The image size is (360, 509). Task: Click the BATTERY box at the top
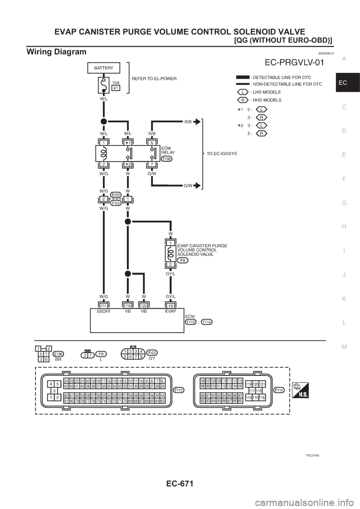(x=103, y=68)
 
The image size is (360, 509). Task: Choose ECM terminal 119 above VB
(x=128, y=306)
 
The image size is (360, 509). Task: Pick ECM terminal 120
(x=144, y=306)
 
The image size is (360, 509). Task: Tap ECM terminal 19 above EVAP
(x=171, y=306)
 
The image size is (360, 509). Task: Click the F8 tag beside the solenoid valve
(x=182, y=260)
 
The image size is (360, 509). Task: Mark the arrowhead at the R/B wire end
(x=197, y=121)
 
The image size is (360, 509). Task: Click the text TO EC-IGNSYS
(x=222, y=154)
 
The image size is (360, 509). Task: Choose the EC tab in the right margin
(x=348, y=82)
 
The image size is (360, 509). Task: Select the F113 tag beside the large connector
(x=179, y=390)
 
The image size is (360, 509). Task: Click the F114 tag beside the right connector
(x=279, y=390)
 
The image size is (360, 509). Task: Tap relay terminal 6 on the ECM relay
(x=152, y=143)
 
